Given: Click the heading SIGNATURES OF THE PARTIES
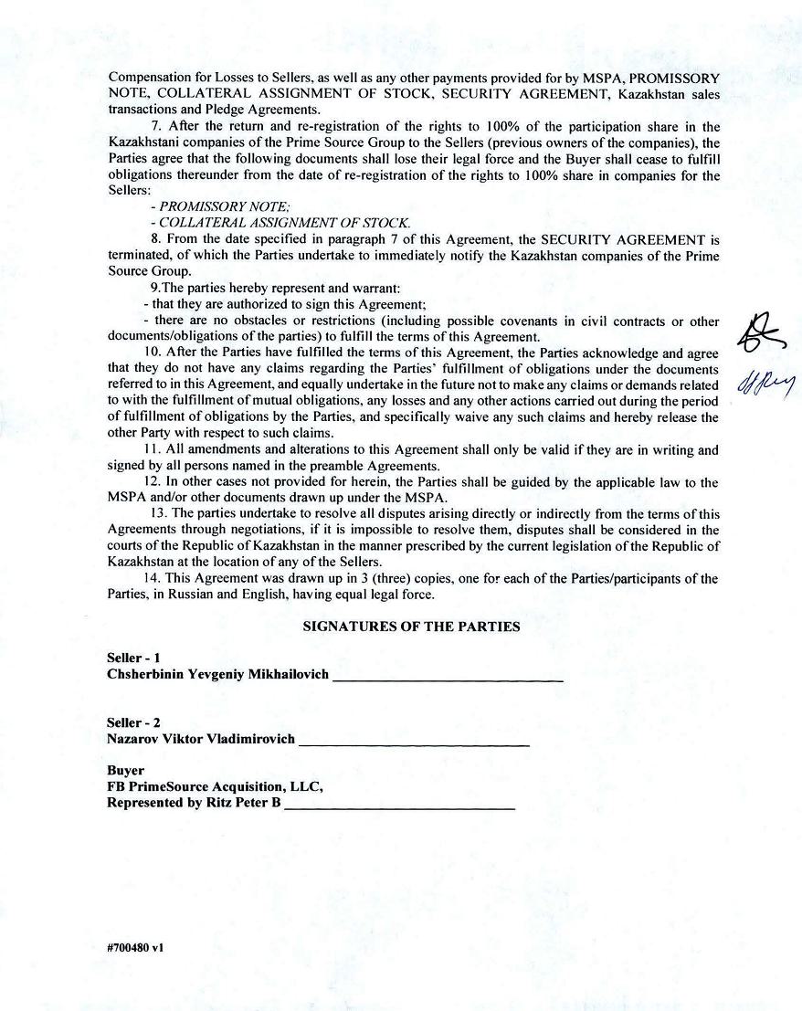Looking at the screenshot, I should click(x=411, y=627).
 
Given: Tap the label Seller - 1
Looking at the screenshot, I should click(x=133, y=658).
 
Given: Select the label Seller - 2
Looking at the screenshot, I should click(x=133, y=722).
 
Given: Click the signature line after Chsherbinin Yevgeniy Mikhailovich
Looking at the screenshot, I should click(x=448, y=679).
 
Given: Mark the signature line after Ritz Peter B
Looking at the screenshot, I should click(x=399, y=806).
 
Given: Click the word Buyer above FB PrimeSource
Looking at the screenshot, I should click(x=125, y=771).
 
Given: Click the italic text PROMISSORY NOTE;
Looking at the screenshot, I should click(x=212, y=207).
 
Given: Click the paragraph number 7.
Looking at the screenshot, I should click(x=156, y=127).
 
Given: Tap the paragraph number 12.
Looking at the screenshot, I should click(x=153, y=481).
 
